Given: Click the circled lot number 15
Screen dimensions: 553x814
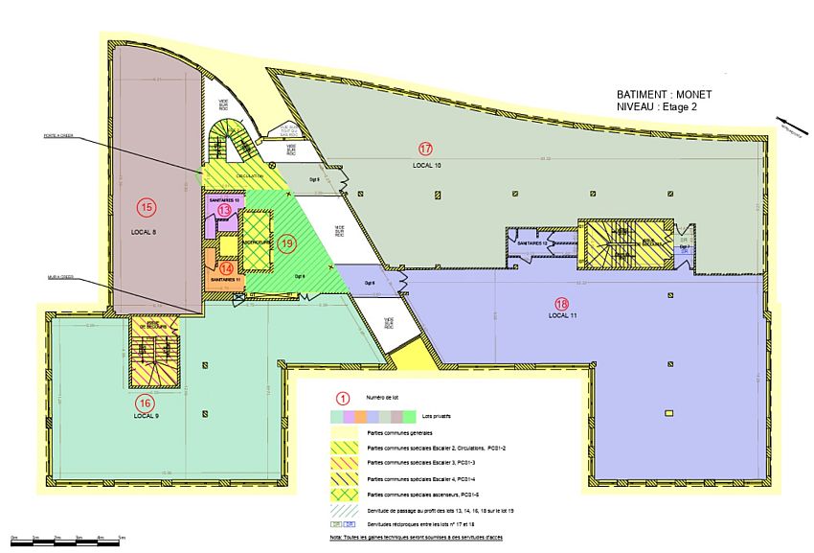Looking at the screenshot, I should pyautogui.click(x=147, y=206).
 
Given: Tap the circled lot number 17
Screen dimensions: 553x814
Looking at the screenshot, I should pyautogui.click(x=425, y=149).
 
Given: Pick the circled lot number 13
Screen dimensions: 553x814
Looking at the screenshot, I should pyautogui.click(x=224, y=210).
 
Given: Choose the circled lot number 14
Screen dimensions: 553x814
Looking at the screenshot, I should pyautogui.click(x=226, y=269).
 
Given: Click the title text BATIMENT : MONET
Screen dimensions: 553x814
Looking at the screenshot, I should pyautogui.click(x=665, y=95).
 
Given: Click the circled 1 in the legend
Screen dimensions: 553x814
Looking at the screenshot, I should pyautogui.click(x=338, y=398).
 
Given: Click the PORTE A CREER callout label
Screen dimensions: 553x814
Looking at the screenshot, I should pyautogui.click(x=57, y=135).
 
